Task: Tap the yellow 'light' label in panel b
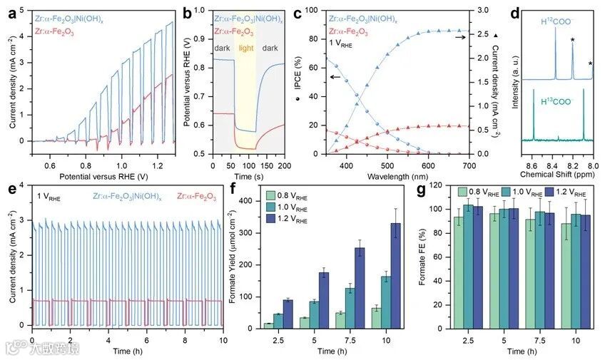click(245, 48)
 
